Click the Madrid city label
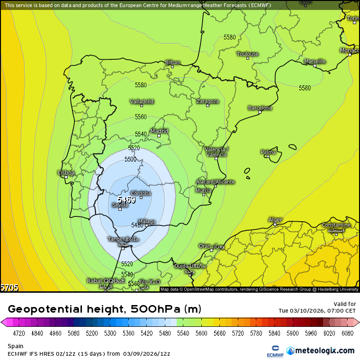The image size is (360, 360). point(159,131)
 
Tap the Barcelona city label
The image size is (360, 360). point(260,108)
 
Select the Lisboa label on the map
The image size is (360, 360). point(66,173)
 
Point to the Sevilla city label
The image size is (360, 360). point(120,205)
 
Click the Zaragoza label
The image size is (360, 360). point(207,101)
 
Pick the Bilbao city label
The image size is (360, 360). point(172,63)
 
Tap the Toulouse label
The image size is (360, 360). point(248,54)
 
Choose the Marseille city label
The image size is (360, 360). point(315,62)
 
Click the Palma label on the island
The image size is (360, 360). point(268,152)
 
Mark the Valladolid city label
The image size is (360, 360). point(142,102)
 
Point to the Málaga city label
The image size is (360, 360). point(147,221)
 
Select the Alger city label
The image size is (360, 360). point(275,220)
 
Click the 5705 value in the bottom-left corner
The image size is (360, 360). point(9,288)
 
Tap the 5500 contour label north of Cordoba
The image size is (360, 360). point(131,160)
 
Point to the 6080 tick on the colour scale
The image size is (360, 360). point(347,333)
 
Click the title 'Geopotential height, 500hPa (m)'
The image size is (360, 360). point(105,309)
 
